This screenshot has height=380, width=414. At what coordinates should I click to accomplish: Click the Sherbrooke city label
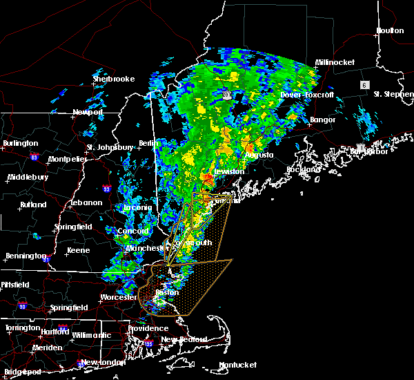click(112, 79)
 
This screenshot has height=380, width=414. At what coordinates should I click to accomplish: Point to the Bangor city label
click(322, 120)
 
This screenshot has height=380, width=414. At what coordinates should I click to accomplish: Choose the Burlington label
click(21, 143)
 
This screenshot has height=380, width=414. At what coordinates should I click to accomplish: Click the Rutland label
click(32, 204)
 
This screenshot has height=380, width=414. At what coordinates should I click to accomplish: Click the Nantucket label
click(237, 365)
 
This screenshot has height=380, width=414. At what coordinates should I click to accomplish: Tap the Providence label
click(148, 328)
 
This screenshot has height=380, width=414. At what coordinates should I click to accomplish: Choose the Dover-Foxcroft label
click(307, 94)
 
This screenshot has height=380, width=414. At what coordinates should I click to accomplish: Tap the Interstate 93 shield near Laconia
click(106, 188)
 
